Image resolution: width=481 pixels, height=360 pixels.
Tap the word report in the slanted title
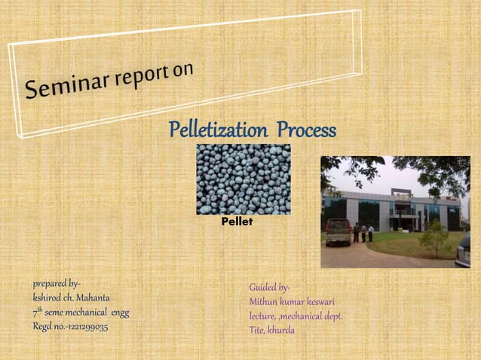[141, 77]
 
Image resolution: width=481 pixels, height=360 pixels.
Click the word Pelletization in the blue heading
[219, 130]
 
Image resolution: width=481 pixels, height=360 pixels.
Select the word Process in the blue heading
[306, 130]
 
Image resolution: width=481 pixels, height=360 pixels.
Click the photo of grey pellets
[243, 179]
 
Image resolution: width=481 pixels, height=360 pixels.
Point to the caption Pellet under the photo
[237, 223]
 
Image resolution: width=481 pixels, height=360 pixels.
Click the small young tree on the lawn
[434, 236]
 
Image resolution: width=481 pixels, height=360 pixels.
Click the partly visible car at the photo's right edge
[464, 250]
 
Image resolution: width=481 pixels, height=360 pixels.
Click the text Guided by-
[270, 288]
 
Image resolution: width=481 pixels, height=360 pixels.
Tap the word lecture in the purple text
[263, 316]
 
